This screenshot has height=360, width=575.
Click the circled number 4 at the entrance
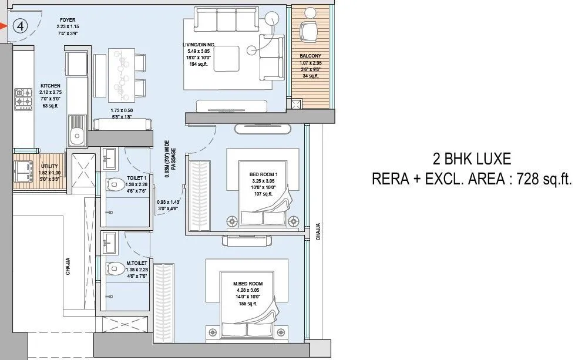pos(21,26)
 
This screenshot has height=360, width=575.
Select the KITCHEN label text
pos(51,86)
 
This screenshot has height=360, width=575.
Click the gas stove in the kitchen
pos(23,97)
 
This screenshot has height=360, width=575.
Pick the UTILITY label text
pos(49,166)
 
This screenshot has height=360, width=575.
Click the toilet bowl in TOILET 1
pos(114,185)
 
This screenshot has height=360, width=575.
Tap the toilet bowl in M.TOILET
pos(114,268)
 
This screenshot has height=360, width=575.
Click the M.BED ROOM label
pos(248,284)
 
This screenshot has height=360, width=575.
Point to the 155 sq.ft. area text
pos(248,304)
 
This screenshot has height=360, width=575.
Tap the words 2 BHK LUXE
pos(471,159)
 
